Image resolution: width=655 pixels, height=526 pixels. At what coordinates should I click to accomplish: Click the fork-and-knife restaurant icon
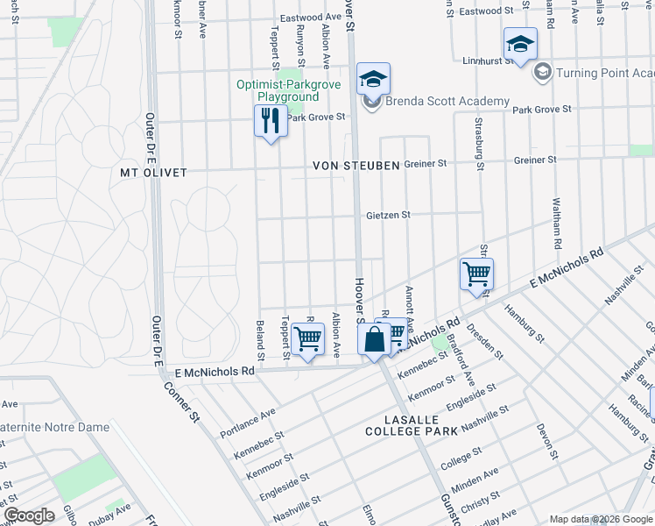point(271,120)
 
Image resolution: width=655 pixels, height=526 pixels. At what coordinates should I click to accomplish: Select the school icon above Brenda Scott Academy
point(373,80)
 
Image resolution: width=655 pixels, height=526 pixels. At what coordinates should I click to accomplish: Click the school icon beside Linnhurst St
point(520,44)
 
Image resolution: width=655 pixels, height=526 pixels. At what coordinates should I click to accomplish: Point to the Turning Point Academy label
point(605,72)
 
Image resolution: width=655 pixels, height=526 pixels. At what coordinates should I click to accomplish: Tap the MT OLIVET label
point(154,173)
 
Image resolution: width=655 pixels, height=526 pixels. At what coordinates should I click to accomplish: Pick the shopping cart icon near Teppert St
point(307,338)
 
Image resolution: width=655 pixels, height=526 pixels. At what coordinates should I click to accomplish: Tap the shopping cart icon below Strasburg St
point(476,274)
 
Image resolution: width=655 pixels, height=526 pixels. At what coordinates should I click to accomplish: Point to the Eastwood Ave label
point(310,18)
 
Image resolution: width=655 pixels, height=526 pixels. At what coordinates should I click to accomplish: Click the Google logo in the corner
point(28,515)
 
